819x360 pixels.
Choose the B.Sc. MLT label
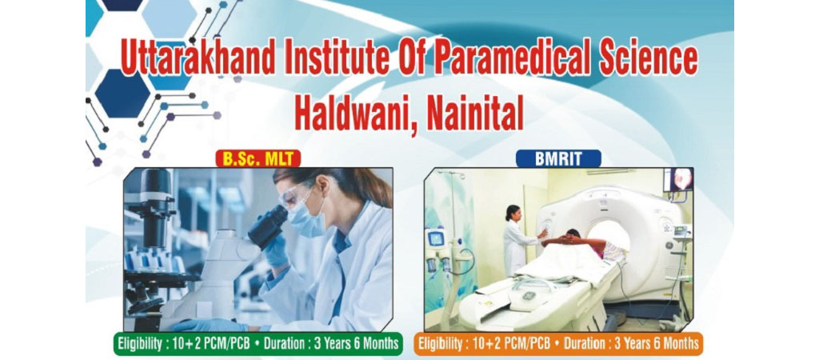pyautogui.click(x=258, y=159)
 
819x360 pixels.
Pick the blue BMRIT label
pyautogui.click(x=558, y=158)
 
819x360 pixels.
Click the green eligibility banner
pyautogui.click(x=258, y=344)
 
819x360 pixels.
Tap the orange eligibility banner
pyautogui.click(x=558, y=343)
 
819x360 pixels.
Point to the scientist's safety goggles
pyautogui.click(x=298, y=195)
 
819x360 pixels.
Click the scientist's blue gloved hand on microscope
pyautogui.click(x=274, y=253)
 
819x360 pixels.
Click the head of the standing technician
pyautogui.click(x=512, y=213)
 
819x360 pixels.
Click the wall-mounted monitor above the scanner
pyautogui.click(x=678, y=180)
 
